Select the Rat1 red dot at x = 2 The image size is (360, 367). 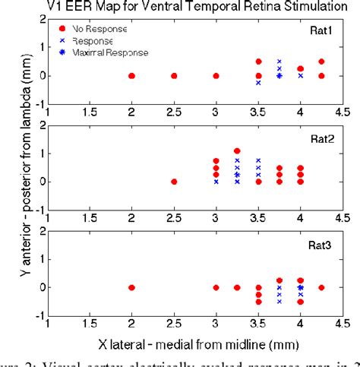[132, 76]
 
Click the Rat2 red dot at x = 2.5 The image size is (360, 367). [174, 182]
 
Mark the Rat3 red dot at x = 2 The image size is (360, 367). [132, 287]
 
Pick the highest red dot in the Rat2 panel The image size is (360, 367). [237, 150]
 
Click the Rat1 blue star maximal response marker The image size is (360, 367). [279, 76]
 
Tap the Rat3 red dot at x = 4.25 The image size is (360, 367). [321, 287]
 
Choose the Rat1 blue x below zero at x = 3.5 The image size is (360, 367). [258, 83]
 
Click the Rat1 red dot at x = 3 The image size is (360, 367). [216, 76]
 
